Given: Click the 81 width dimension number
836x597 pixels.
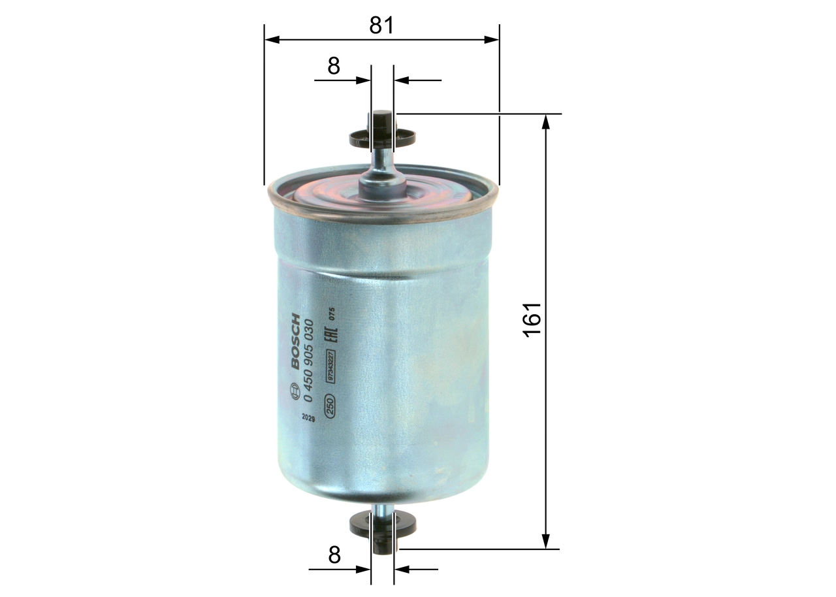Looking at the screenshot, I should pyautogui.click(x=382, y=25).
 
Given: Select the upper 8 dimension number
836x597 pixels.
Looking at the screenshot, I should pyautogui.click(x=334, y=66).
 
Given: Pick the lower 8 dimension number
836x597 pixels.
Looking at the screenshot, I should pyautogui.click(x=334, y=555).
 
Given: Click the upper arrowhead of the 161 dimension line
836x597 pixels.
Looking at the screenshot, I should pyautogui.click(x=546, y=121).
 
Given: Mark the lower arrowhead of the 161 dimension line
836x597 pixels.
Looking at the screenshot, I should pyautogui.click(x=546, y=541).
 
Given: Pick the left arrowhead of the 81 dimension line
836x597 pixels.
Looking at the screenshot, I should pyautogui.click(x=272, y=40).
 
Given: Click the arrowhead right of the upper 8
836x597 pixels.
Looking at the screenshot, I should pyautogui.click(x=402, y=80).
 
